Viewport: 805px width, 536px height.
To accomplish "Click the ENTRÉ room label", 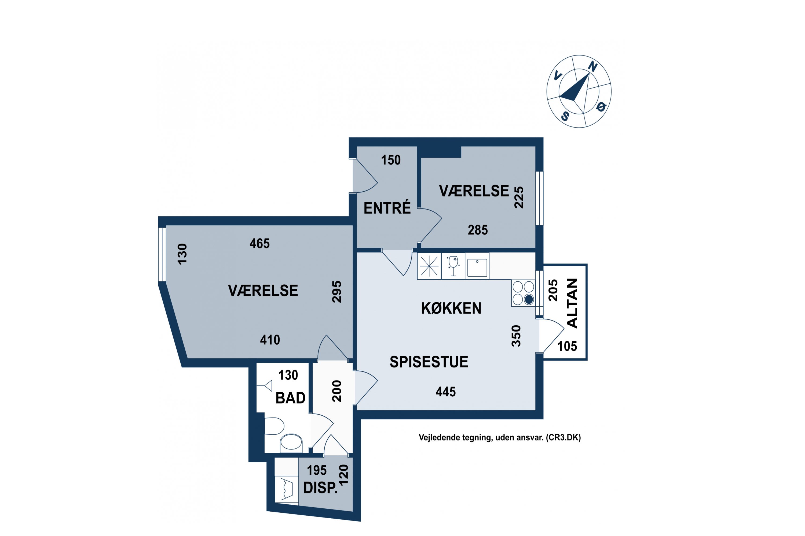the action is tap(387, 208).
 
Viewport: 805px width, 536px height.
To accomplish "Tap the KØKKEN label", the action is tap(451, 308).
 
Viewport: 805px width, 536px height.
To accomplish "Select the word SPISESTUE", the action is tap(429, 362).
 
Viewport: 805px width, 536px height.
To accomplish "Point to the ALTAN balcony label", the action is tap(572, 303).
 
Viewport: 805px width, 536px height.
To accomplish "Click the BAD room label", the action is tap(290, 398).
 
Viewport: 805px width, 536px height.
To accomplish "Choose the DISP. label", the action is tap(320, 488).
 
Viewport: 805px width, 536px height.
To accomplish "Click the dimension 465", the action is tap(259, 243).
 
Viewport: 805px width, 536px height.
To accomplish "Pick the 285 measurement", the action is tap(478, 230).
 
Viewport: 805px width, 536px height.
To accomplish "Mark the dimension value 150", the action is tap(391, 160).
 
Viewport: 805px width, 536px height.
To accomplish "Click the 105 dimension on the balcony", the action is tap(567, 346).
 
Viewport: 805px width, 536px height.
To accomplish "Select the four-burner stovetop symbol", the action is tap(523, 293).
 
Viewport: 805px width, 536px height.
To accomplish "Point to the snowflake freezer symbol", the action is tap(429, 266).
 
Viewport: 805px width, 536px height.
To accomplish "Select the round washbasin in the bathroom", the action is tap(291, 443).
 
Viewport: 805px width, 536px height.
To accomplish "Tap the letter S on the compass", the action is tap(565, 117).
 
